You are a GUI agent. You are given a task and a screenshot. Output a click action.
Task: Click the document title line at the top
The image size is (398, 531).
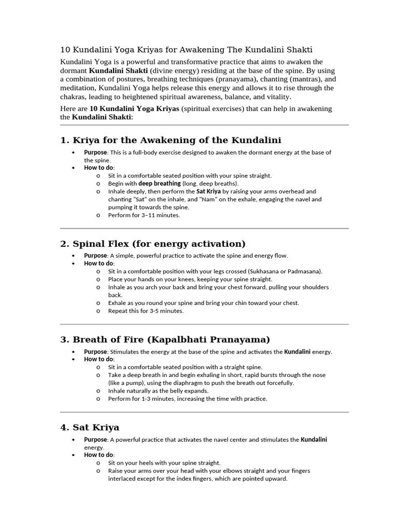[187, 50]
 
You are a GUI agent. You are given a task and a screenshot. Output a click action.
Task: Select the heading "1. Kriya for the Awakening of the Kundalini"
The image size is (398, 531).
[170, 141]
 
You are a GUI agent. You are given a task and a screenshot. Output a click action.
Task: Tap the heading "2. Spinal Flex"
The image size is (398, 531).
[153, 244]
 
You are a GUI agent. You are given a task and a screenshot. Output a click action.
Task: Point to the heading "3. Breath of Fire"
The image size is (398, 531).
[165, 340]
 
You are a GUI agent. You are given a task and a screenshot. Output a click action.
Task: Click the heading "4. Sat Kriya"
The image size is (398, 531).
[90, 427]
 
